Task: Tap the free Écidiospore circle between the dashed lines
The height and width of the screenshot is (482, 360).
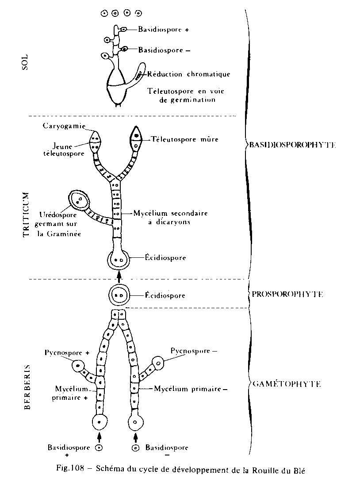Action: coord(118,295)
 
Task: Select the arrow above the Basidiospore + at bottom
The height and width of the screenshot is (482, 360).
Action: coord(100,437)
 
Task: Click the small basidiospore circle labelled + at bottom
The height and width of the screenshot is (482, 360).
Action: coord(100,448)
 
